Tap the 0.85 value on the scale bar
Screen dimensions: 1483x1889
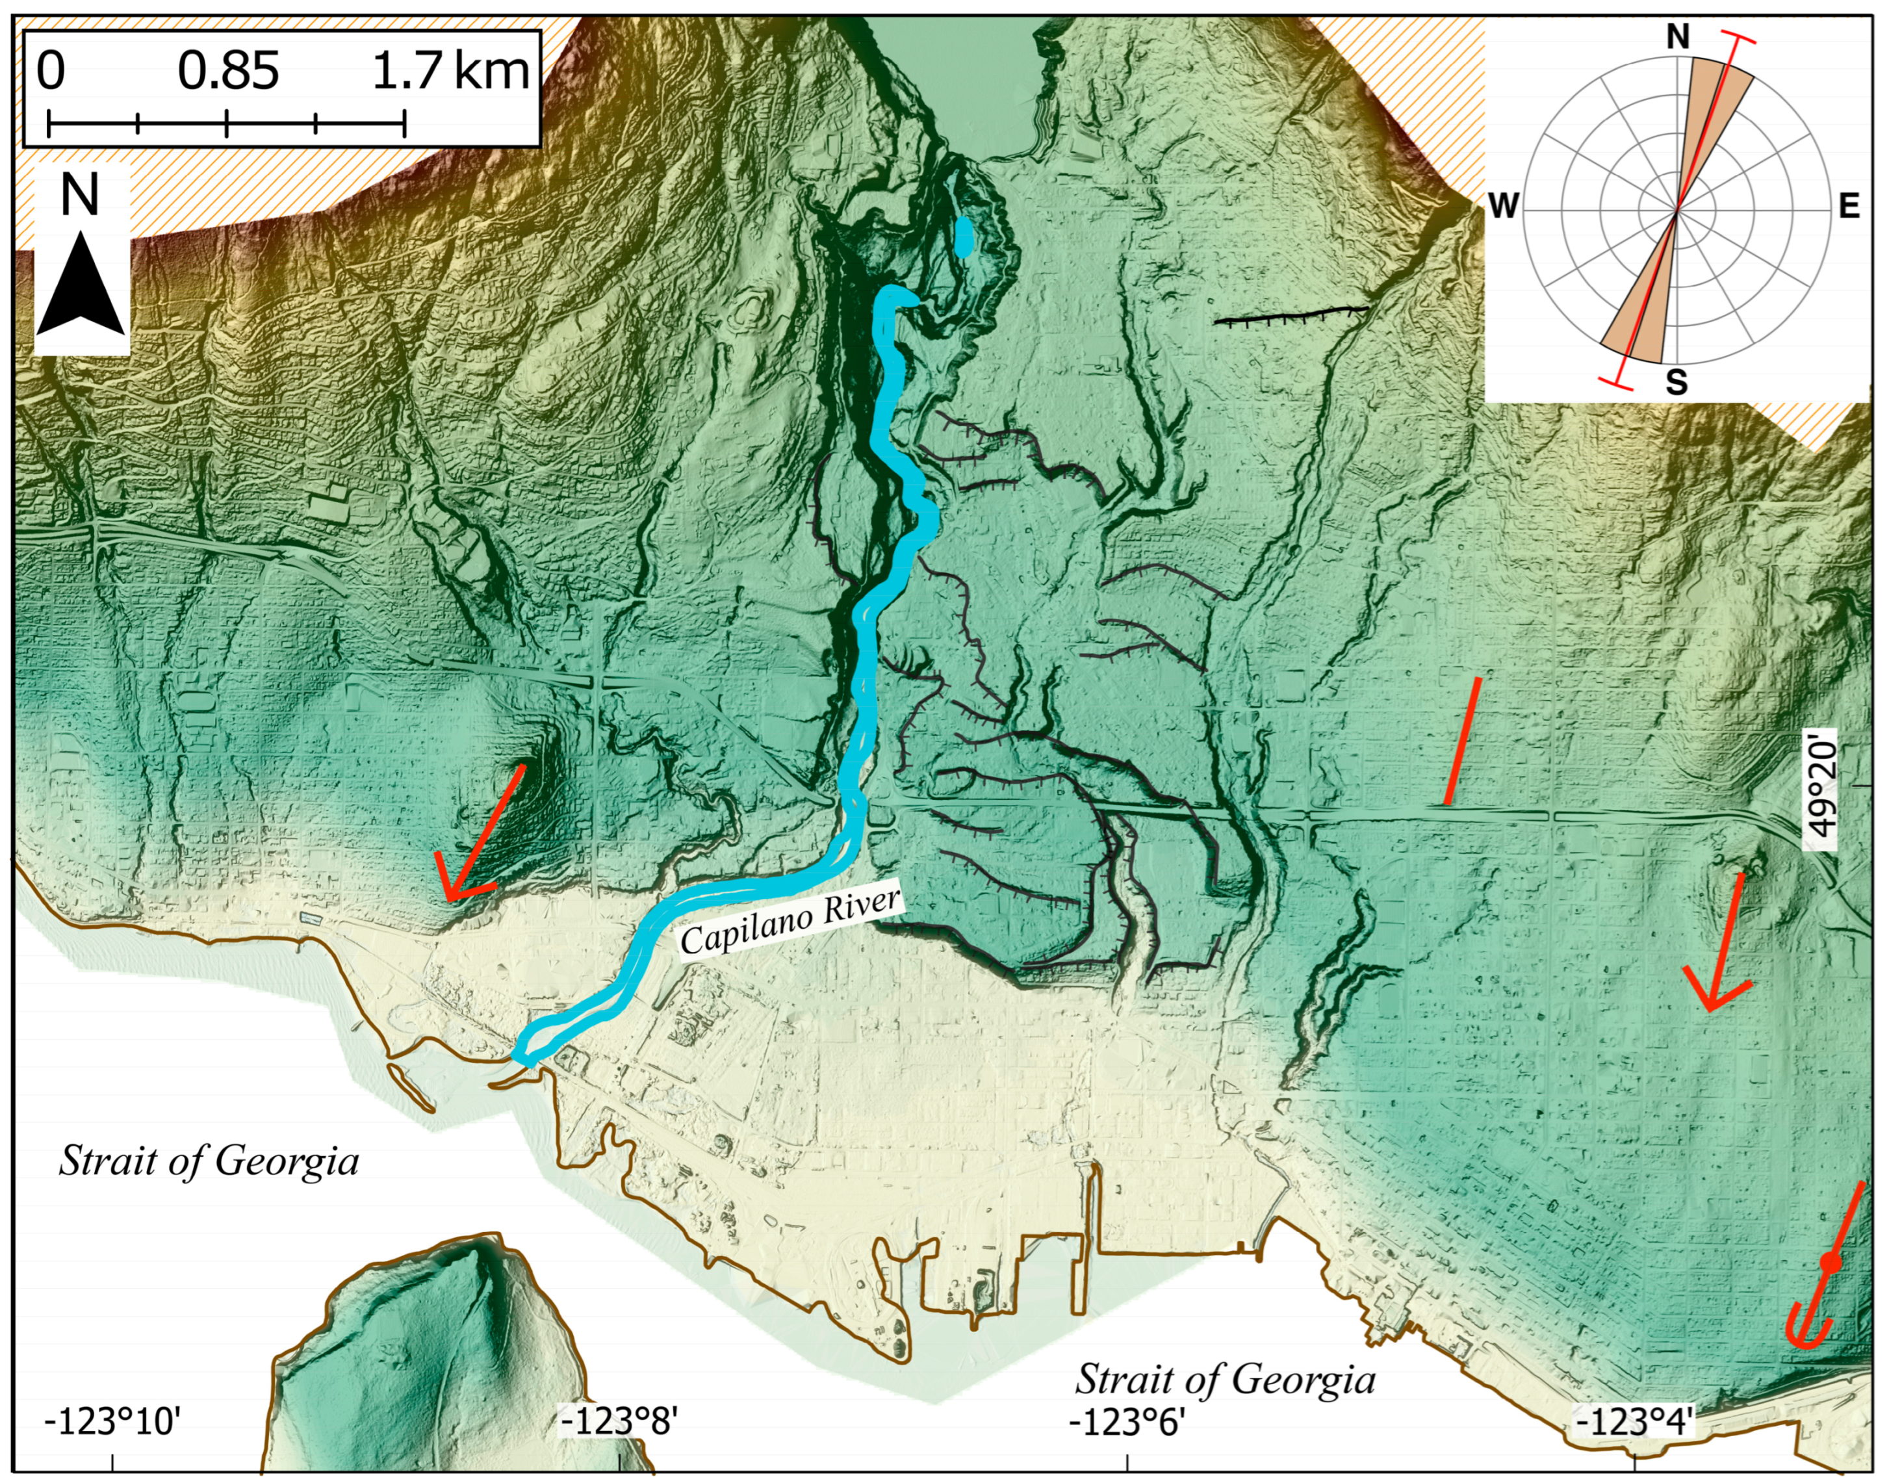228,71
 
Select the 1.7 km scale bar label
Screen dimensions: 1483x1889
450,71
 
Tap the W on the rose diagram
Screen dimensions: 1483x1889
1504,207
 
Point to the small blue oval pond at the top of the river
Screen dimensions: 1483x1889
964,236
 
